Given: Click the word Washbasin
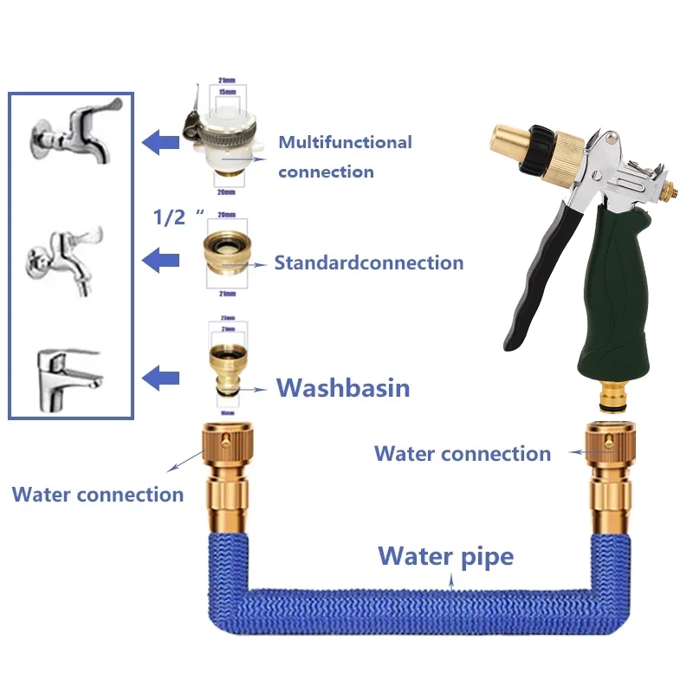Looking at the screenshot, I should click(x=343, y=387).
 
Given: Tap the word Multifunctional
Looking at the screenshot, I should click(x=345, y=142).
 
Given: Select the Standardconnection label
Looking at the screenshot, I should click(x=369, y=262).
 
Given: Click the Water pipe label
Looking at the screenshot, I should click(x=446, y=555).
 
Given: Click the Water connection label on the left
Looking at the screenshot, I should click(x=98, y=495).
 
